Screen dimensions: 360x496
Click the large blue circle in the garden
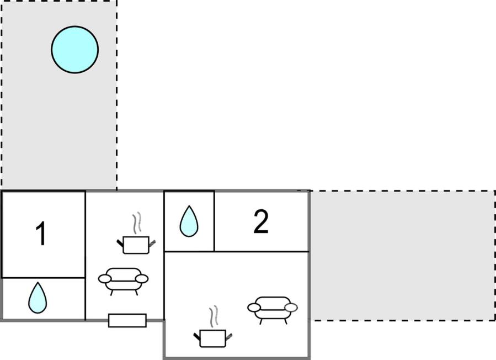(75, 49)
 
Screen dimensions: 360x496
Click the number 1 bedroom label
(40, 234)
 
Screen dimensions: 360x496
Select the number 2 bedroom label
(261, 221)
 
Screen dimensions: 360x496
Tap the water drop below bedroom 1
(38, 298)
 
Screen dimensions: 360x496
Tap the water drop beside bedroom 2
(189, 221)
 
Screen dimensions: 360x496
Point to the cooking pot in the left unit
(135, 243)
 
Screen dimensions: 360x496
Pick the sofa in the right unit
(273, 308)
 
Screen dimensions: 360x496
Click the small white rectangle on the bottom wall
(127, 320)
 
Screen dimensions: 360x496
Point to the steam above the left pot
(136, 224)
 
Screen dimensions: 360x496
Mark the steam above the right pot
(214, 317)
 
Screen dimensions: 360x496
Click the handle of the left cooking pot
(120, 241)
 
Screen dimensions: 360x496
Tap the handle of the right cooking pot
(197, 335)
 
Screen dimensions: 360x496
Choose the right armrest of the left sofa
(142, 279)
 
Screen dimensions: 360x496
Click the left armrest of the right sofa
(255, 307)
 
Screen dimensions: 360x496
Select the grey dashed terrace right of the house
(403, 255)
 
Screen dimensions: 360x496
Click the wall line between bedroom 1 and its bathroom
(43, 278)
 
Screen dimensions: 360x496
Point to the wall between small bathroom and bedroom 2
(214, 221)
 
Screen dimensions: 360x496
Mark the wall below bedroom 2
(261, 251)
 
